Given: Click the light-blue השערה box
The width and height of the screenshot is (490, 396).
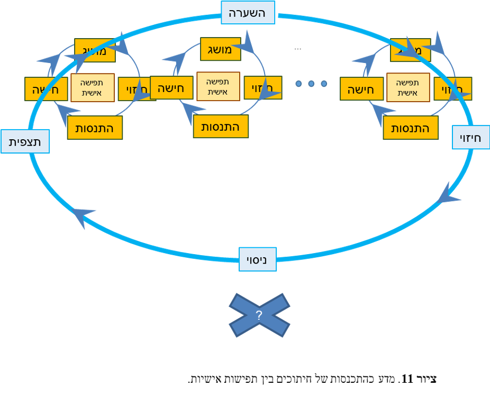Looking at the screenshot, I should point(248,12).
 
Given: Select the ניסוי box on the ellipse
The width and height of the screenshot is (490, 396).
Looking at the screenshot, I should point(257,259).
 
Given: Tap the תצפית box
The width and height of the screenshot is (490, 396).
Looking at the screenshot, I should point(25,141).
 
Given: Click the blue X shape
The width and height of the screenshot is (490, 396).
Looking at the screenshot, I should point(259,316).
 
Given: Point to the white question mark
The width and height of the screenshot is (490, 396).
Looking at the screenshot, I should point(259,316).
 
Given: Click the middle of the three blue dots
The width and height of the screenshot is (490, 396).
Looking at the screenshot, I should point(311,84).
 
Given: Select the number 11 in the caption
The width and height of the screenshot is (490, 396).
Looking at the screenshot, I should point(407,379).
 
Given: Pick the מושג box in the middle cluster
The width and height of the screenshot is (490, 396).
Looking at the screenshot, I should point(220,49).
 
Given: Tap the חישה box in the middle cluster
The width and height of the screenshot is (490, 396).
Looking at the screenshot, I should point(171,88).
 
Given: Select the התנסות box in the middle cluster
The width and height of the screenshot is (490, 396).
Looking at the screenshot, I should point(220,127).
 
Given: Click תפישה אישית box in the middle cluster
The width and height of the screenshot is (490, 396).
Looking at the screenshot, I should point(218,86).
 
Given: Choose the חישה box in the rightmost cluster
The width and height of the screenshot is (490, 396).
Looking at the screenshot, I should point(361,89).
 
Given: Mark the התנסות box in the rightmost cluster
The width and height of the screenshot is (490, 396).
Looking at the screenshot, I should point(410,128).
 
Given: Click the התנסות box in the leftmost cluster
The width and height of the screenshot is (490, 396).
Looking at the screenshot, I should point(95,128).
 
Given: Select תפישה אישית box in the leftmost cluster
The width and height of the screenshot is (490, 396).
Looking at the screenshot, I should point(92,87).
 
